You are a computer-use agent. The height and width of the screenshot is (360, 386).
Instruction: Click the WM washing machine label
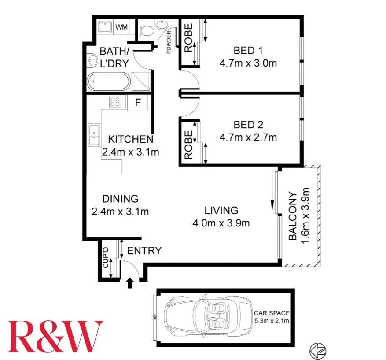[x=121, y=27]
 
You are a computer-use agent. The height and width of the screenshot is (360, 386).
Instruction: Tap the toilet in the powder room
[x=146, y=30]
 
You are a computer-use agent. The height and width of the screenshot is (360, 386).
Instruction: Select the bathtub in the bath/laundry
[x=108, y=82]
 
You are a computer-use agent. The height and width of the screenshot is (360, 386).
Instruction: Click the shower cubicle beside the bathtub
[x=142, y=82]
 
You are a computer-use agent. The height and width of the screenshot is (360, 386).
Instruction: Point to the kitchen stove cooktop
[x=115, y=102]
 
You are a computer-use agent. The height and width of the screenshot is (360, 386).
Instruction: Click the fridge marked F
[x=138, y=103]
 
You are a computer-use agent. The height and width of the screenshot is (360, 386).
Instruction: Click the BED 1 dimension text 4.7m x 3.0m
[x=248, y=63]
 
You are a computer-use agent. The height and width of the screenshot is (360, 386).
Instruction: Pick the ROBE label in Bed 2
[x=188, y=145]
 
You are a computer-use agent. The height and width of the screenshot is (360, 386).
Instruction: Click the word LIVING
[x=221, y=210]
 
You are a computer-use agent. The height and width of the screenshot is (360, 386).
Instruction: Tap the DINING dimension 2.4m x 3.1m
[x=120, y=211]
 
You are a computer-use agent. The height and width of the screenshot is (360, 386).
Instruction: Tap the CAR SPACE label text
[x=272, y=313]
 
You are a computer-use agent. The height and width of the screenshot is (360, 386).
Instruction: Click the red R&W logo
[x=55, y=336]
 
